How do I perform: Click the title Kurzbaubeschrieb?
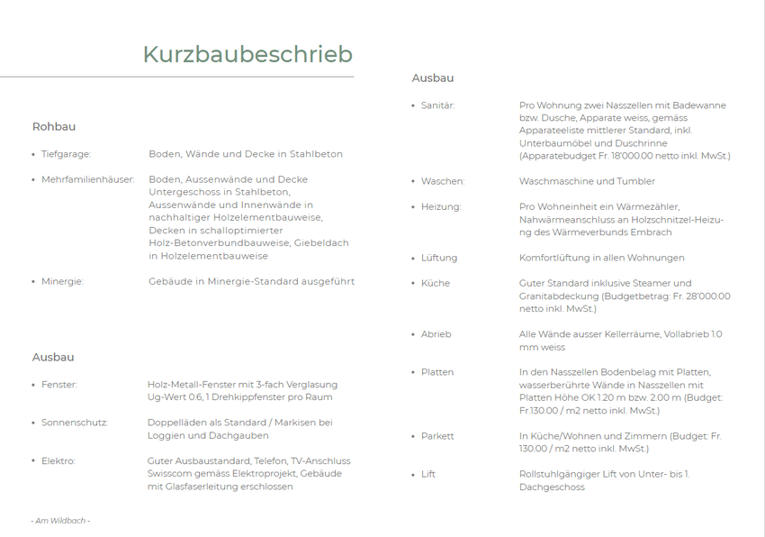(247, 54)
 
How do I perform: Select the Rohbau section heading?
(54, 127)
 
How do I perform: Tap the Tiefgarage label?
(66, 154)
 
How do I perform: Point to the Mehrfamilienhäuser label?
(87, 179)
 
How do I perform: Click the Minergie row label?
(62, 281)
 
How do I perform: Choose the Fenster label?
(59, 385)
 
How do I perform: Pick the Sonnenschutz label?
(75, 423)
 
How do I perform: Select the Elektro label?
(58, 460)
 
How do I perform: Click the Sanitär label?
(438, 105)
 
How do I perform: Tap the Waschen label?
(443, 181)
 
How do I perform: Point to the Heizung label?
(441, 206)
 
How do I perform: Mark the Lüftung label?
(439, 258)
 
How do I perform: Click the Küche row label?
(436, 283)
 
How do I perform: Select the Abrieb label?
(436, 334)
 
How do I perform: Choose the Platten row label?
(437, 372)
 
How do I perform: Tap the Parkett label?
(437, 436)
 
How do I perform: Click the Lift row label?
(428, 474)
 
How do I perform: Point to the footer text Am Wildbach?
(60, 520)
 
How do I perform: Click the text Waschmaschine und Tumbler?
(587, 181)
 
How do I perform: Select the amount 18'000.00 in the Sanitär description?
(659, 156)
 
